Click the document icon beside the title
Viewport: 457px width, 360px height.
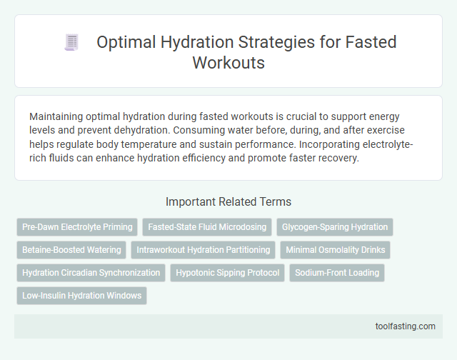click(x=71, y=43)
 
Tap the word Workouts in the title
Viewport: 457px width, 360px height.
click(x=228, y=62)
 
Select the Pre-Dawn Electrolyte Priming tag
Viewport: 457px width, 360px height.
click(x=77, y=227)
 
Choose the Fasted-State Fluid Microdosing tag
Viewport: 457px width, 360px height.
click(x=207, y=227)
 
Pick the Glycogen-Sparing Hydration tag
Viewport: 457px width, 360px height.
click(x=335, y=227)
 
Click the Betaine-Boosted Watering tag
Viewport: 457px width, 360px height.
click(x=71, y=250)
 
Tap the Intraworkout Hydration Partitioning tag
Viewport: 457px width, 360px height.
click(x=204, y=250)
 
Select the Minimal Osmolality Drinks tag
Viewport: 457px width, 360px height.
click(x=335, y=250)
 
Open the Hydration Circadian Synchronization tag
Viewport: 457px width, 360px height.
click(x=91, y=273)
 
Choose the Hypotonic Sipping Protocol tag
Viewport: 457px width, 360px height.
click(x=228, y=273)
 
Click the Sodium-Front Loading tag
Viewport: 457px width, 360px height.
click(x=337, y=273)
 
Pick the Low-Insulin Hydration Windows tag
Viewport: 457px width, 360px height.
click(x=81, y=296)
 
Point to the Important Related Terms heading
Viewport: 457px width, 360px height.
click(x=228, y=201)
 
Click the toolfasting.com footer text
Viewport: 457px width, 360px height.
click(x=405, y=326)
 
